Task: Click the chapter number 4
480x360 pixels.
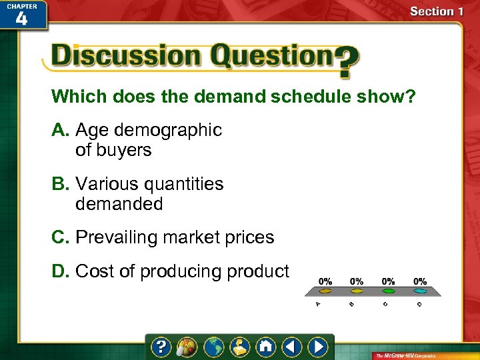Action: click(21, 18)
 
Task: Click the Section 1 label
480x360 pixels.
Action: click(437, 11)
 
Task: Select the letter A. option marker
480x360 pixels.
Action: click(61, 130)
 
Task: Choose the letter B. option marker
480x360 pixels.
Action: click(61, 184)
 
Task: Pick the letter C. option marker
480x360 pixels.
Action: click(61, 237)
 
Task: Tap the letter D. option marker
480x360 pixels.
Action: click(61, 271)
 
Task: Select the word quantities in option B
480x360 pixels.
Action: click(181, 184)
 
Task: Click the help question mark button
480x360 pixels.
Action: click(161, 347)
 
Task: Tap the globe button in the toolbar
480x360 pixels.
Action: click(213, 347)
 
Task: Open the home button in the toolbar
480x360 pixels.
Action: click(265, 347)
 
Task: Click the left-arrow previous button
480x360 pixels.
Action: click(291, 347)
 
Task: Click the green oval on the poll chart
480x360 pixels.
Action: click(388, 291)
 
